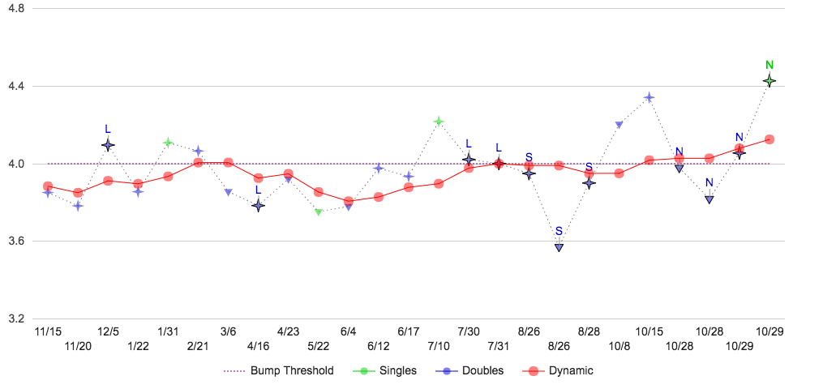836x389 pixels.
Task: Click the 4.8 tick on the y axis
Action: (15, 9)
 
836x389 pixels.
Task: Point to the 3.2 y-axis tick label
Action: (15, 318)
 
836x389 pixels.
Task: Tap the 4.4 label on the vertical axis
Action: (15, 86)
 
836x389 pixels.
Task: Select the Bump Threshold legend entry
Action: (278, 371)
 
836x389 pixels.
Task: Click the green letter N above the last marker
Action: (770, 65)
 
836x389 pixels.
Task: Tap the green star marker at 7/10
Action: (439, 122)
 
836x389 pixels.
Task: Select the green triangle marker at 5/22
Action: (319, 212)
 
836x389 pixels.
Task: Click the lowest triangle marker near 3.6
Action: (559, 247)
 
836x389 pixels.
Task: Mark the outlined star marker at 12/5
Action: (108, 145)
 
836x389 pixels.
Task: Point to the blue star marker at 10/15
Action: (649, 97)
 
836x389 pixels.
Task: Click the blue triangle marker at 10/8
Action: (619, 125)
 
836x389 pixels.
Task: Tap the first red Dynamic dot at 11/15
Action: (48, 186)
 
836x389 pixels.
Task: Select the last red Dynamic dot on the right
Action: (770, 139)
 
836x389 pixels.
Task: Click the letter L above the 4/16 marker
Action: (258, 190)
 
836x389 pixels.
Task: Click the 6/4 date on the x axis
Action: (349, 331)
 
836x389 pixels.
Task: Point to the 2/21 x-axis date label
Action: (198, 346)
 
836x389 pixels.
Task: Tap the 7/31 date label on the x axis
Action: (499, 346)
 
